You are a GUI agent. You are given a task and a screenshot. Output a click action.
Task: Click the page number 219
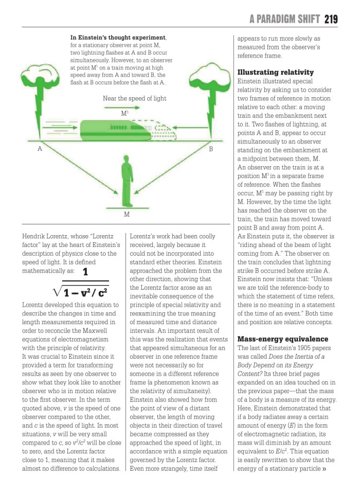pyautogui.click(x=331, y=19)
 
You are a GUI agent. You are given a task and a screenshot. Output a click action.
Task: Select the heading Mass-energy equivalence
pyautogui.click(x=282, y=339)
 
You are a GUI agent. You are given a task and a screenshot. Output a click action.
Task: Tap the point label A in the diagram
pyautogui.click(x=39, y=149)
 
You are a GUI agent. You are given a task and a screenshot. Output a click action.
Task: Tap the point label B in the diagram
pyautogui.click(x=210, y=149)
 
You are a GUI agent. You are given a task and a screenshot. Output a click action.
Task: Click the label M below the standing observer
pyautogui.click(x=125, y=214)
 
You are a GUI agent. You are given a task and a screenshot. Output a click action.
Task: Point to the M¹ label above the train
pyautogui.click(x=124, y=113)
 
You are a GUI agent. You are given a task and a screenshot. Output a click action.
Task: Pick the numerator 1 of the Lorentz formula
pyautogui.click(x=85, y=271)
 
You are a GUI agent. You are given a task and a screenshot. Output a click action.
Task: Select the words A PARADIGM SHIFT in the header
pyautogui.click(x=284, y=19)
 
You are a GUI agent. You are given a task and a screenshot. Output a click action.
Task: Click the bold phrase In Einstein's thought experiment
pyautogui.click(x=118, y=38)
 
